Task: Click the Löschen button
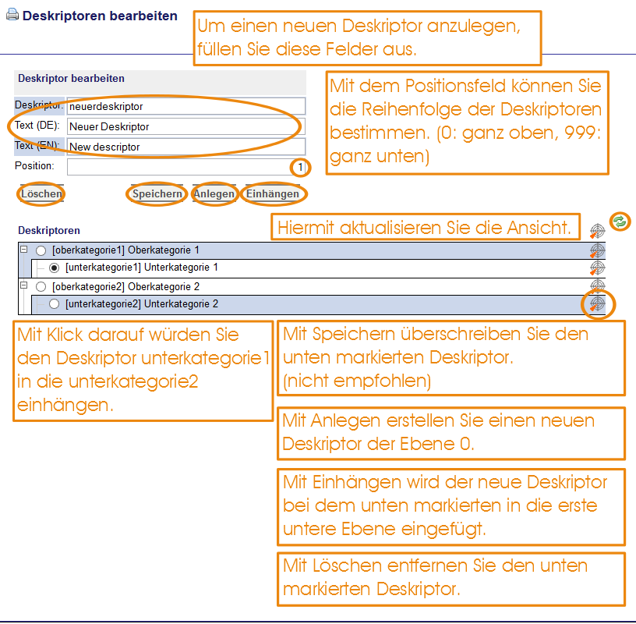[x=41, y=193]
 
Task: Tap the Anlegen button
[x=214, y=193]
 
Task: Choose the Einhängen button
[x=273, y=193]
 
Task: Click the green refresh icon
[x=620, y=222]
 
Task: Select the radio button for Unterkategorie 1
[x=54, y=268]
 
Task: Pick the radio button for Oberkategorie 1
[x=41, y=250]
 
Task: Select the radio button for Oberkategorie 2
[x=41, y=287]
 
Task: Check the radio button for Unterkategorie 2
[x=54, y=304]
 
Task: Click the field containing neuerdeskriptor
[x=186, y=106]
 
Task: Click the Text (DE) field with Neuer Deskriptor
[x=186, y=126]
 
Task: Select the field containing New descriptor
[x=186, y=147]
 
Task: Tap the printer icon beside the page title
[x=12, y=15]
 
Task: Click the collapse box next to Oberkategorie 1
[x=24, y=250]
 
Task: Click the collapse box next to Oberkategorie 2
[x=24, y=285]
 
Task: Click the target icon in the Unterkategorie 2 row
[x=597, y=303]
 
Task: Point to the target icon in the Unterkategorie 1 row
[x=597, y=268]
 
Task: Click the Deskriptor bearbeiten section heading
[x=72, y=78]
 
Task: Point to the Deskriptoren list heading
[x=49, y=231]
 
